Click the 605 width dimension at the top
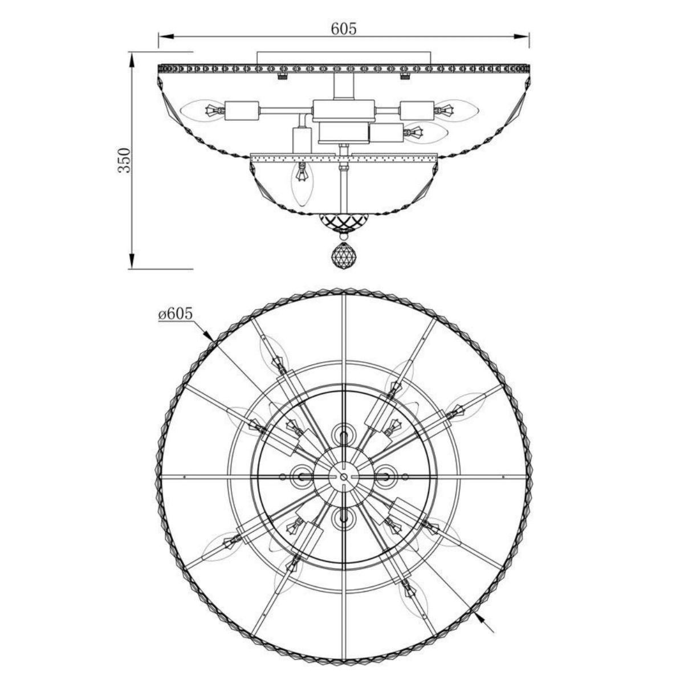pyautogui.click(x=344, y=28)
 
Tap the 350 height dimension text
pyautogui.click(x=125, y=160)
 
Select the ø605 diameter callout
pyautogui.click(x=176, y=313)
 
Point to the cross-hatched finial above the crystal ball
pyautogui.click(x=343, y=222)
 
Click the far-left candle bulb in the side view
pyautogui.click(x=202, y=111)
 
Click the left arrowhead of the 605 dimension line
pyautogui.click(x=166, y=36)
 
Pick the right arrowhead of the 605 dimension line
pyautogui.click(x=521, y=36)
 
